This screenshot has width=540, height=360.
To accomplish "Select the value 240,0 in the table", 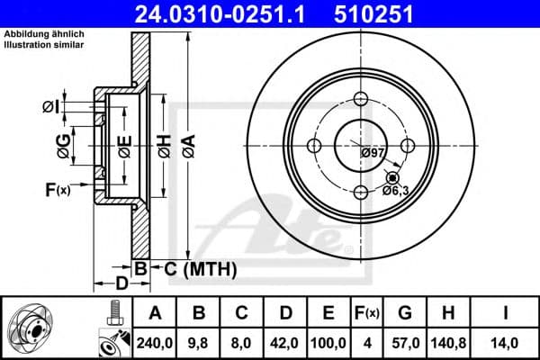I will (x=154, y=342).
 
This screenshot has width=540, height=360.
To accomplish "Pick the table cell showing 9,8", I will (x=200, y=342).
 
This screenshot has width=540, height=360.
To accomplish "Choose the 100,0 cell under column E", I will (x=330, y=342).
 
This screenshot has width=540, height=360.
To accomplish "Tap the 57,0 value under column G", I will (x=405, y=342).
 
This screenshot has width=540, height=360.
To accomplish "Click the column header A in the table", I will (x=154, y=312).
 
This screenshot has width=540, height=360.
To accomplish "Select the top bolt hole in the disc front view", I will (x=361, y=101).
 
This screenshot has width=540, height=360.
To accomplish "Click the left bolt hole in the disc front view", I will (x=315, y=146).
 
